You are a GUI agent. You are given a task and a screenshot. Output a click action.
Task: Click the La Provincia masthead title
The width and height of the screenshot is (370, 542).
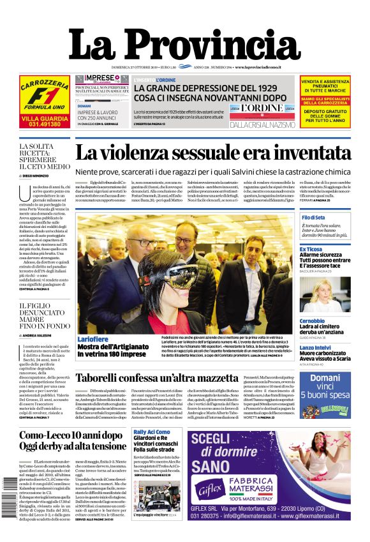point(185,45)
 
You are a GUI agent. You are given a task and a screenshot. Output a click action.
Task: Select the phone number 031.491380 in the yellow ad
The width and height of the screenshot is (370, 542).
point(44,124)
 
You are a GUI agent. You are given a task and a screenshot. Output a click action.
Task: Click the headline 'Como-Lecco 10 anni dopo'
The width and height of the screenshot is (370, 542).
point(70,436)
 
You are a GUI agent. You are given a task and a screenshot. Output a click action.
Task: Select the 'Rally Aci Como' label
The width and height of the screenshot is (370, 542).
point(152,432)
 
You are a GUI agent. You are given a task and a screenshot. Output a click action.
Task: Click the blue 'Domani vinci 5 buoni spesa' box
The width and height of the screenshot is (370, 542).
point(325,387)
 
